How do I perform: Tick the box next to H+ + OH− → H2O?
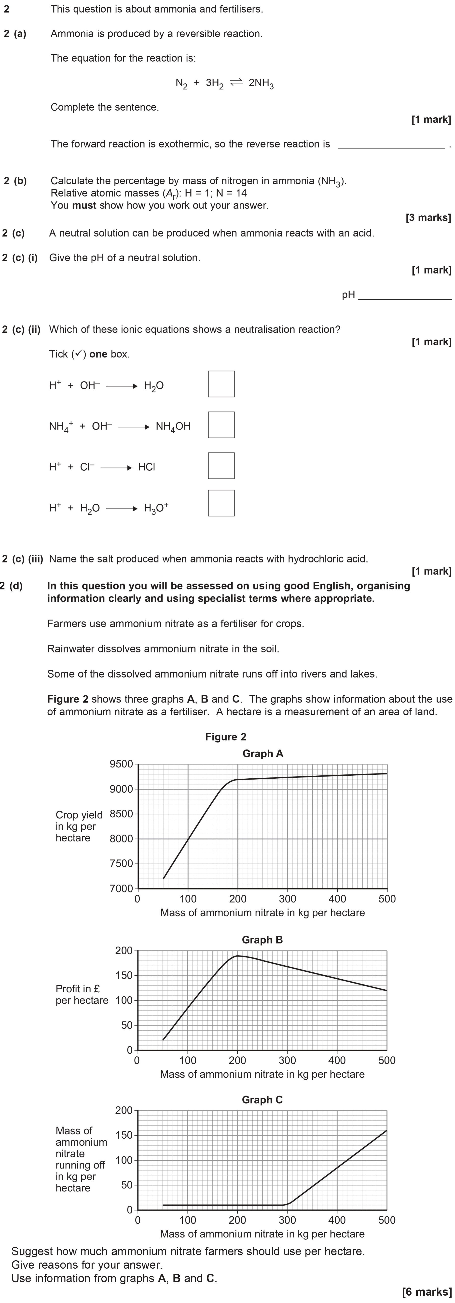(221, 384)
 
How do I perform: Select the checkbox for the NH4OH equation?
(221, 425)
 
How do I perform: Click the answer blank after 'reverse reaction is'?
(391, 147)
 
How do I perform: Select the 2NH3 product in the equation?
(261, 83)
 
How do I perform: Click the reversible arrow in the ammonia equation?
(236, 82)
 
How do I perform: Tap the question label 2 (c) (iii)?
(22, 559)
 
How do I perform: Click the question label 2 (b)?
(15, 181)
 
